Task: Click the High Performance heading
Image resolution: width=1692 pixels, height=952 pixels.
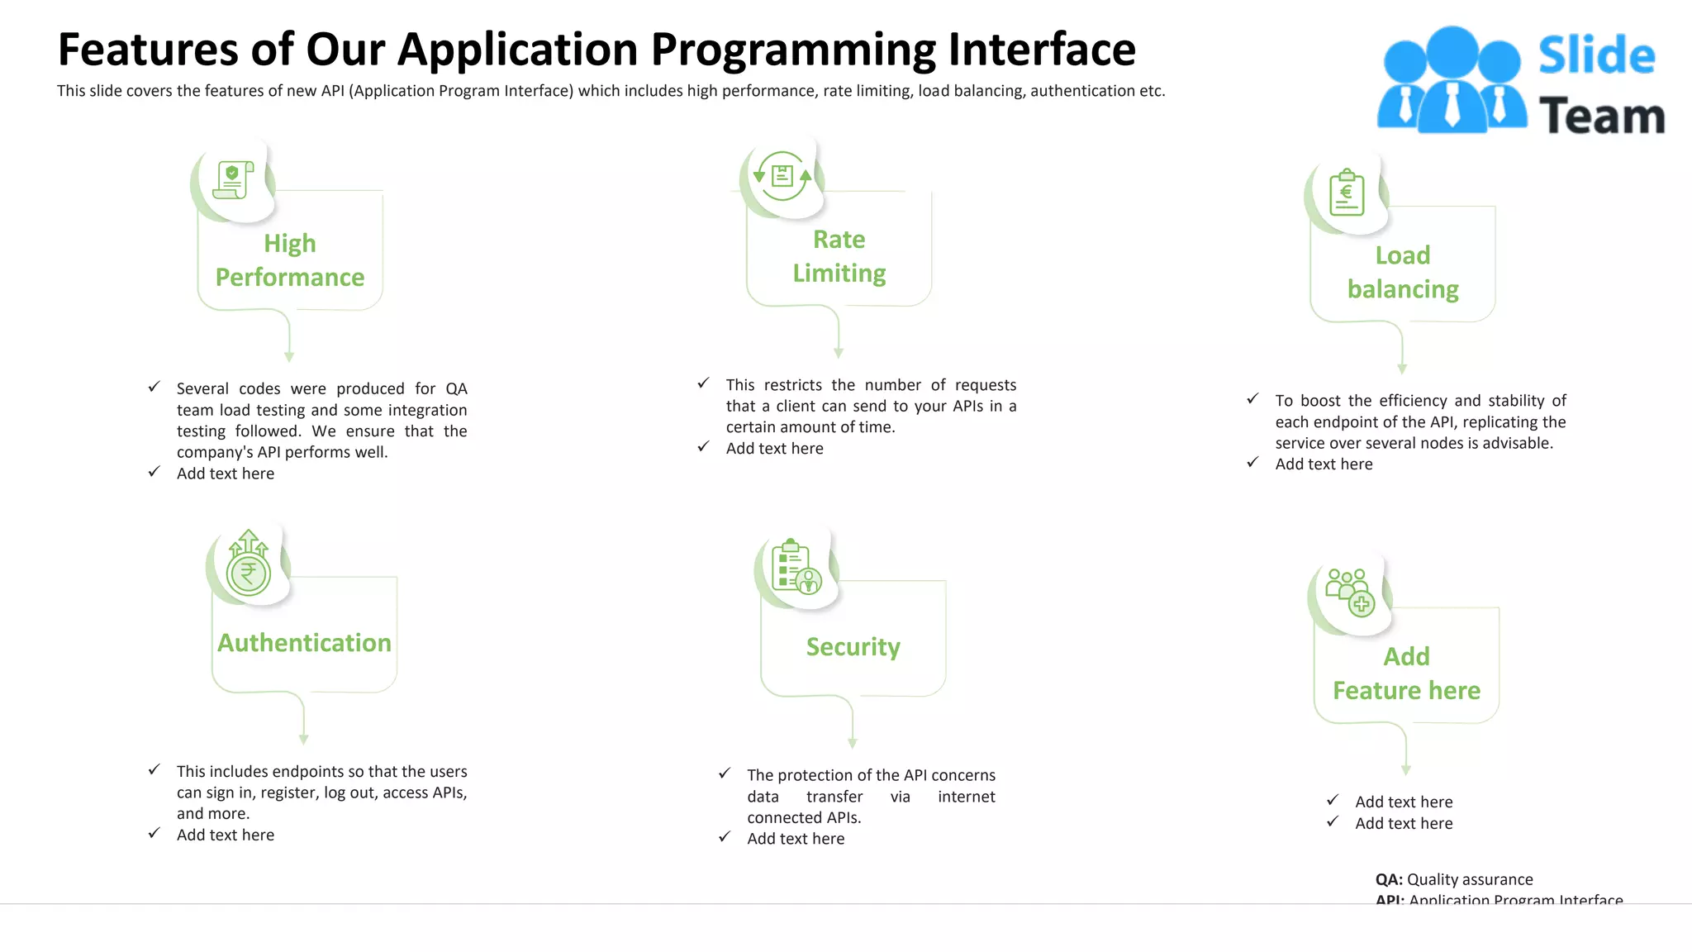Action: tap(289, 260)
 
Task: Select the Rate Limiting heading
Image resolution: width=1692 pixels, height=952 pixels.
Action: tap(839, 256)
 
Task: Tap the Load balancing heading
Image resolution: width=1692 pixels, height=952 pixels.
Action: tap(1402, 272)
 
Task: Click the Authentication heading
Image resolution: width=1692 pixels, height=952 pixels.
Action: tap(304, 643)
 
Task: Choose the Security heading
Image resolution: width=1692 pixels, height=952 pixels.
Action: tap(853, 647)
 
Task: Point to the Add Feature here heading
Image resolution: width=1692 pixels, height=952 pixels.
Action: tap(1406, 674)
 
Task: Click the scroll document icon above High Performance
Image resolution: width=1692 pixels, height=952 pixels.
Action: tap(232, 180)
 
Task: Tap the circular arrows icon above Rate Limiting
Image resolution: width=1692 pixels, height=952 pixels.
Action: tap(782, 176)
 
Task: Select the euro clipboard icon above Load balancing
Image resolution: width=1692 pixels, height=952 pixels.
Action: tap(1347, 193)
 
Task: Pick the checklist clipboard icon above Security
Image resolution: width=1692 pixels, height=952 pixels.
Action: tap(795, 568)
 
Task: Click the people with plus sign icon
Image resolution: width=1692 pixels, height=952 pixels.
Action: tap(1350, 593)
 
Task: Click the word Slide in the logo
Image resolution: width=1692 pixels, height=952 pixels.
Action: tap(1596, 56)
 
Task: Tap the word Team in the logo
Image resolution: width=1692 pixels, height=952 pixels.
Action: tap(1601, 117)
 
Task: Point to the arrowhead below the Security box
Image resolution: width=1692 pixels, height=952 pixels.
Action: tap(853, 743)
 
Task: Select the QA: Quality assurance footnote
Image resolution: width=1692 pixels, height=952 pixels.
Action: tap(1453, 879)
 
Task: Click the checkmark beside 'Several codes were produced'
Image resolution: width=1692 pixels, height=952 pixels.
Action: tap(154, 387)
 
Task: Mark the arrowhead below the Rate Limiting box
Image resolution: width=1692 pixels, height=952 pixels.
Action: tap(839, 353)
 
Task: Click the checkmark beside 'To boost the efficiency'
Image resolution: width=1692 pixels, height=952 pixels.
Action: tap(1252, 399)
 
